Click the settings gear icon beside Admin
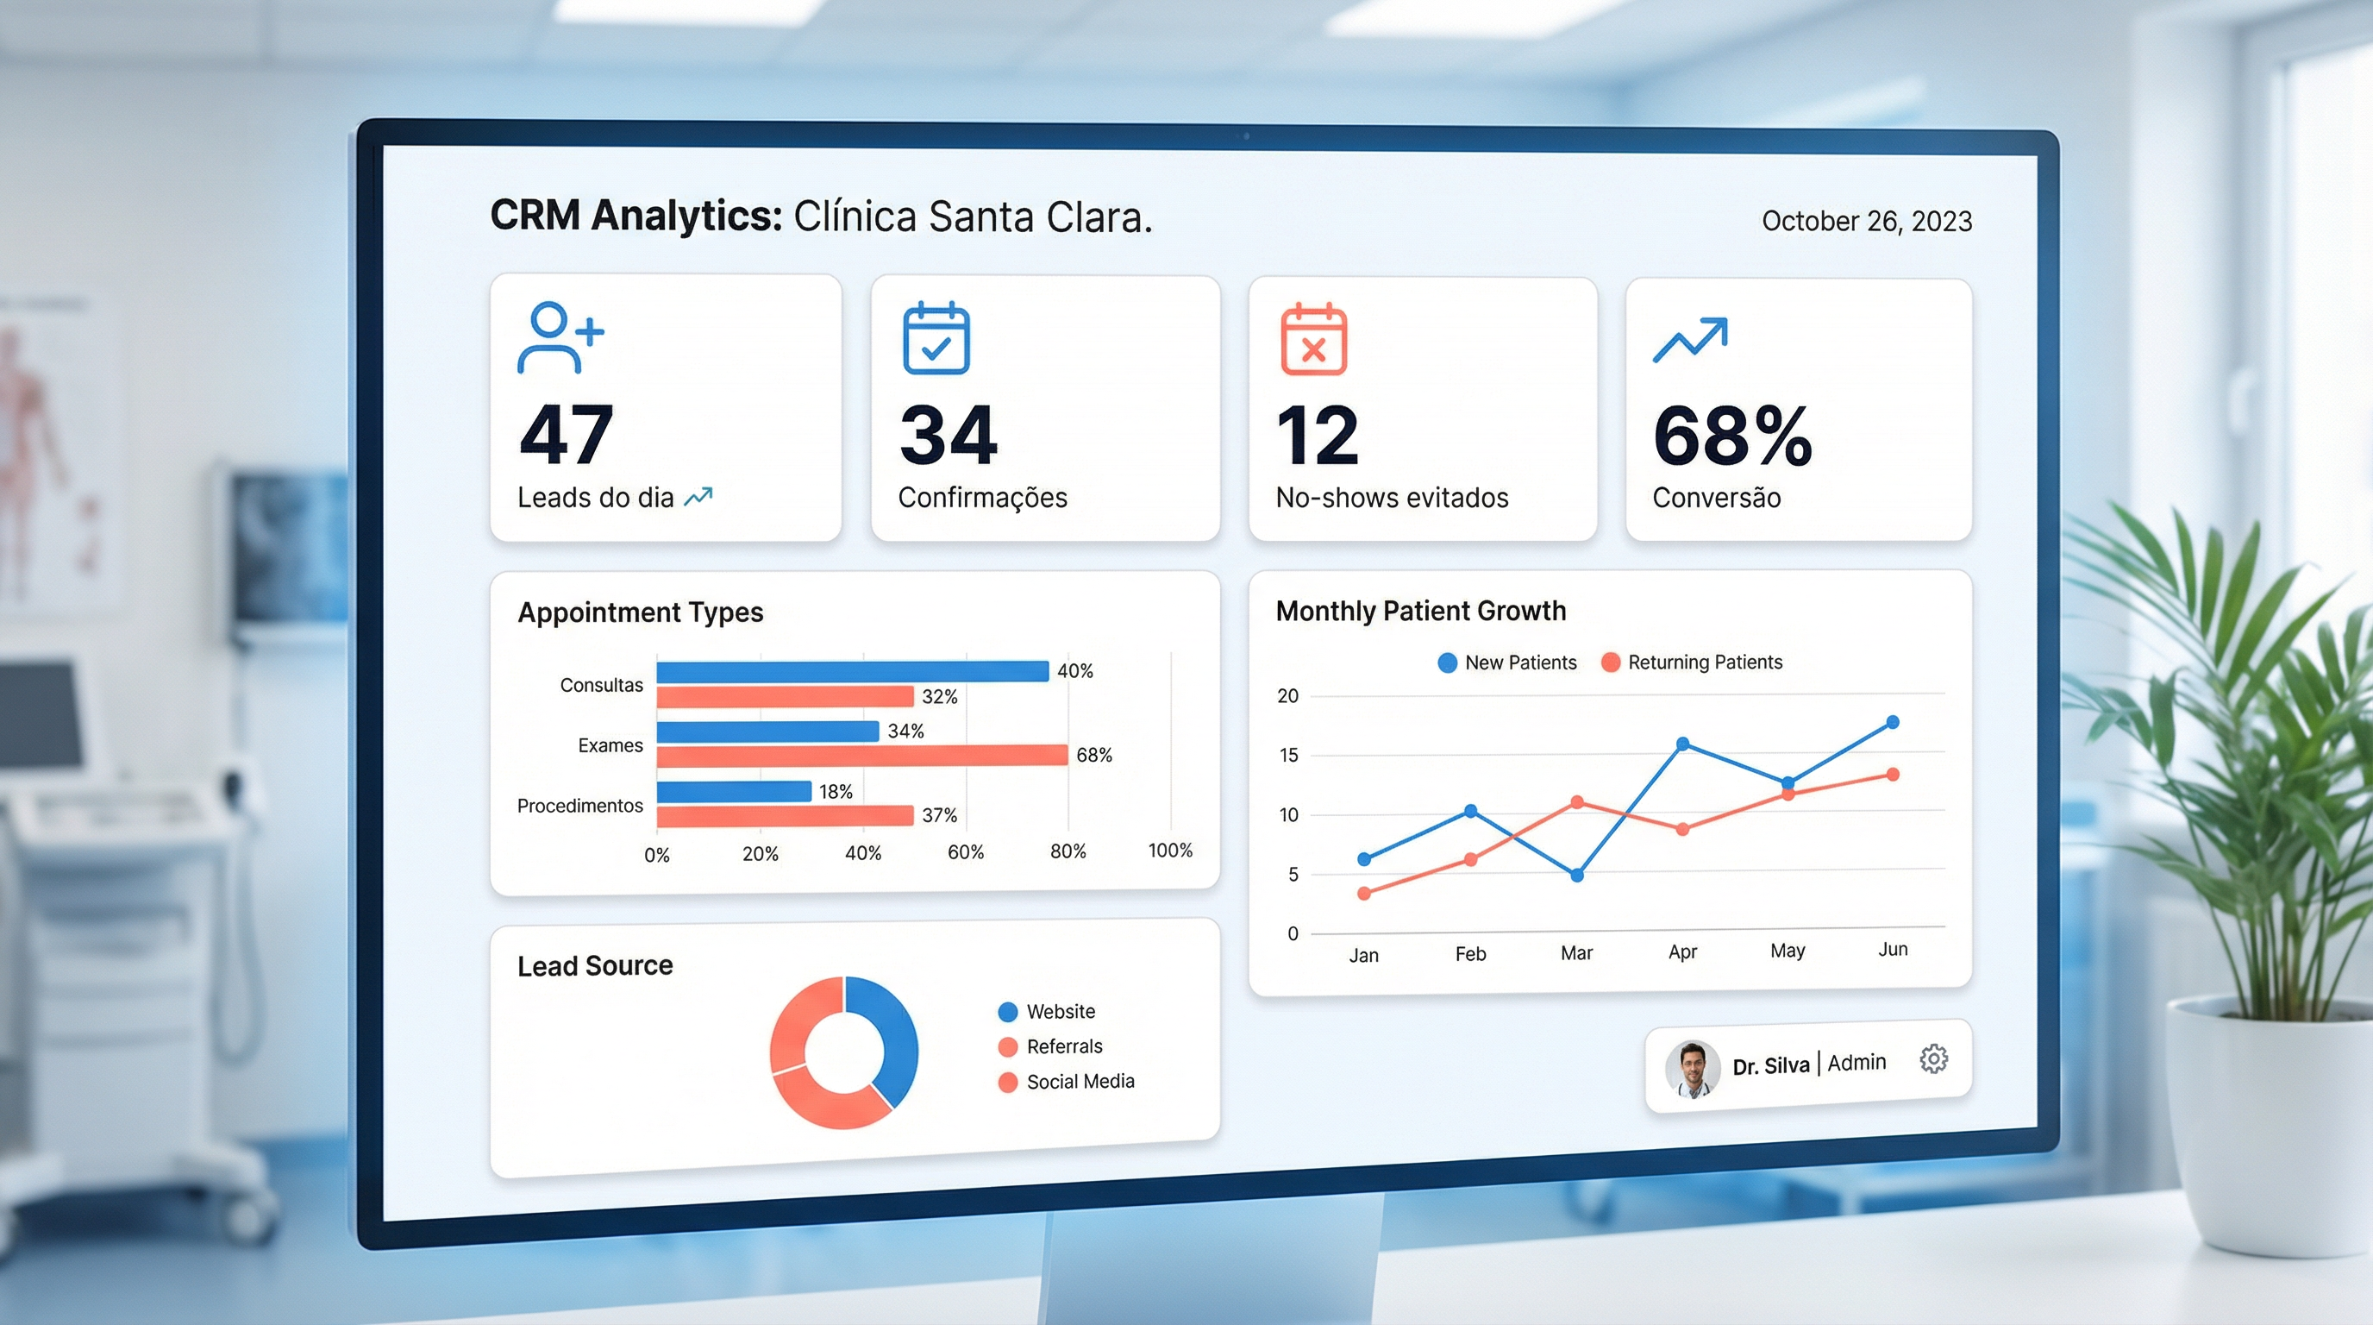(1932, 1058)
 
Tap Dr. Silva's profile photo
(1693, 1068)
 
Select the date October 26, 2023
(1866, 221)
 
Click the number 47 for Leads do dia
(566, 435)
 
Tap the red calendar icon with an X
(1313, 339)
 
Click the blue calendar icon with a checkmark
(936, 338)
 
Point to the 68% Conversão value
(1731, 436)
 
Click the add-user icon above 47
(559, 338)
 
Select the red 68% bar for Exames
(861, 756)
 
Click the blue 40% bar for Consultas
(852, 671)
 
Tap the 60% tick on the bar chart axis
(966, 852)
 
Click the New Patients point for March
(1577, 875)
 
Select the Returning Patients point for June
(1892, 774)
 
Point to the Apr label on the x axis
(1682, 951)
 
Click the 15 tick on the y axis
(1288, 756)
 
